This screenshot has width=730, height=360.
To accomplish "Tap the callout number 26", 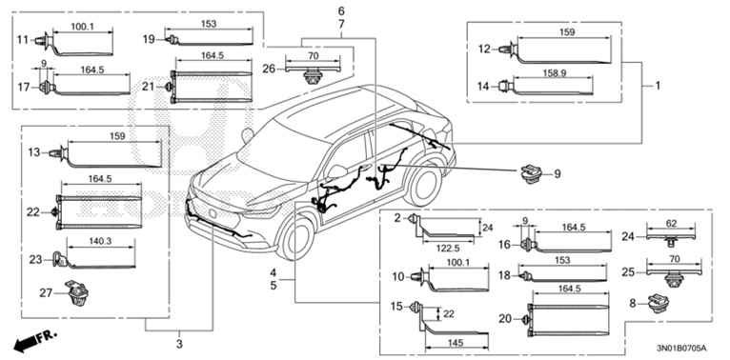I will click(270, 68).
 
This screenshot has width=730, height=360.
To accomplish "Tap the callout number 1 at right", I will click(658, 86).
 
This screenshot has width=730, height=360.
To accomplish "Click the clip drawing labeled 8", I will click(659, 307).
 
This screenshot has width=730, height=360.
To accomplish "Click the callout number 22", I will click(34, 210).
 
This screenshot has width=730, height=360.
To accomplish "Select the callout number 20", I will click(506, 319).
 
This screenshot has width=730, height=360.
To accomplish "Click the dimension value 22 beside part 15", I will click(448, 313).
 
